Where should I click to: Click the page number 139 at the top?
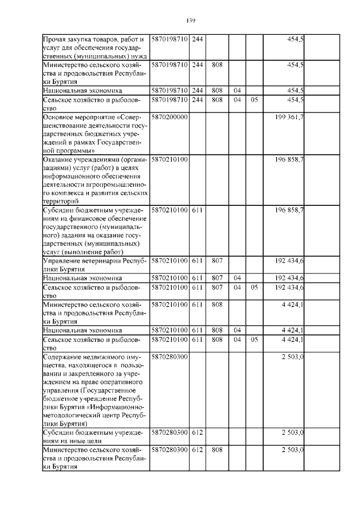[190, 21]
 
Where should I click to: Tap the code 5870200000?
[169, 116]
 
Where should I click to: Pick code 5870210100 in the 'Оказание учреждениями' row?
[169, 160]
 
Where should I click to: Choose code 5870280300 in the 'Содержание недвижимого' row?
[169, 357]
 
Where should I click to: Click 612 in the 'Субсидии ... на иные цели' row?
[197, 433]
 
